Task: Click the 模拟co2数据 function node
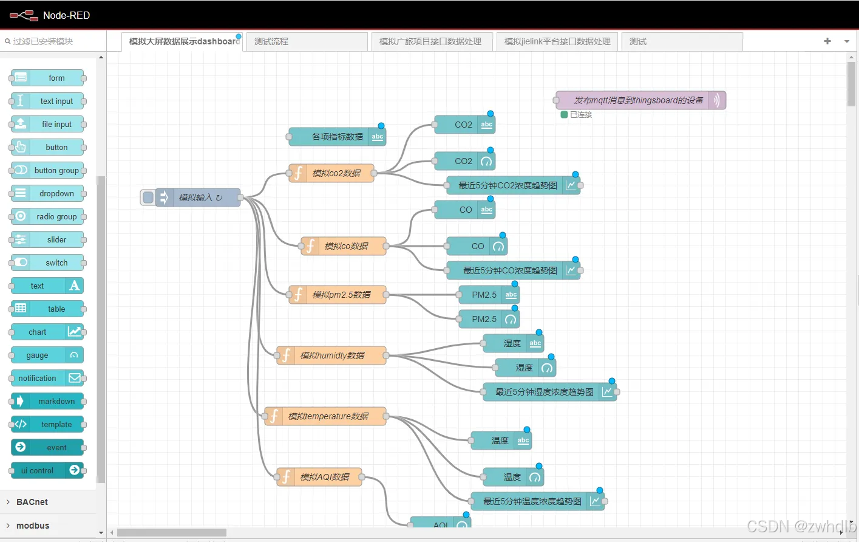click(336, 173)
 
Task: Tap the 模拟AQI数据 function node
click(325, 477)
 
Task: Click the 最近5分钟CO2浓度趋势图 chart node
click(508, 185)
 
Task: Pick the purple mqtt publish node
click(639, 100)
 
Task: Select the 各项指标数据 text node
click(337, 137)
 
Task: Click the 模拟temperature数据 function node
click(328, 416)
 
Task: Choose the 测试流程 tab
click(307, 41)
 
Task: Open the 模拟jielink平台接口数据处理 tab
click(557, 41)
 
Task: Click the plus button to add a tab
click(827, 41)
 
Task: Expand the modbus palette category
click(33, 526)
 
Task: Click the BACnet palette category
click(32, 502)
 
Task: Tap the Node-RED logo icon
click(24, 15)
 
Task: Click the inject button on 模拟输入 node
click(148, 197)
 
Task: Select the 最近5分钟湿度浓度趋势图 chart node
click(544, 392)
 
